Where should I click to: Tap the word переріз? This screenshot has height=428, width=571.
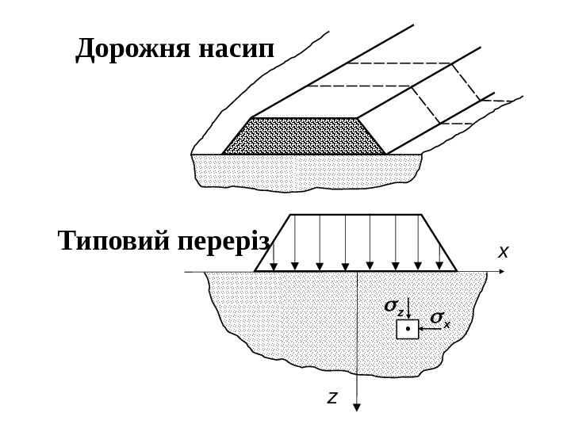tap(221, 242)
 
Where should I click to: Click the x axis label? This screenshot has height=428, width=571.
tap(503, 252)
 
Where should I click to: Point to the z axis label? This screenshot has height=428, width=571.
tap(333, 396)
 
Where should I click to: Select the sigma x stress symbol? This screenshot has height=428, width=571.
tap(439, 319)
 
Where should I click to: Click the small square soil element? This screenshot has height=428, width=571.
tap(407, 328)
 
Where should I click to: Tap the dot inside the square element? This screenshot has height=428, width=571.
tap(407, 327)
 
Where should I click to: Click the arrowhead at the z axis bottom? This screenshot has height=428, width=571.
tap(358, 407)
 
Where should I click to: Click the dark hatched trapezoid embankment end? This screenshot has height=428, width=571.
tap(304, 136)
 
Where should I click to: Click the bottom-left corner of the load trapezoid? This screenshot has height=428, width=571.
tap(255, 271)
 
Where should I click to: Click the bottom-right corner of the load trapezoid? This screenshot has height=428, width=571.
tap(457, 271)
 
